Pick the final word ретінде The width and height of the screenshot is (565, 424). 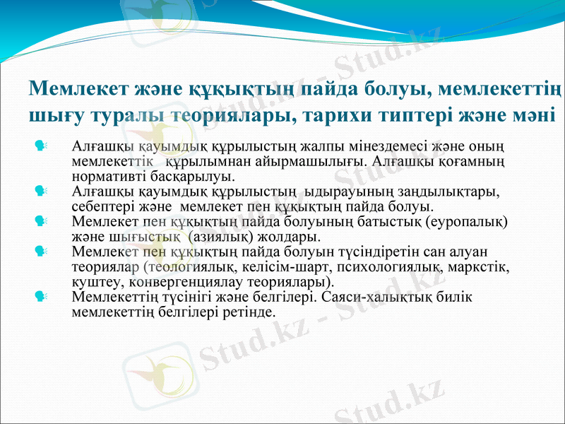(x=247, y=310)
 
